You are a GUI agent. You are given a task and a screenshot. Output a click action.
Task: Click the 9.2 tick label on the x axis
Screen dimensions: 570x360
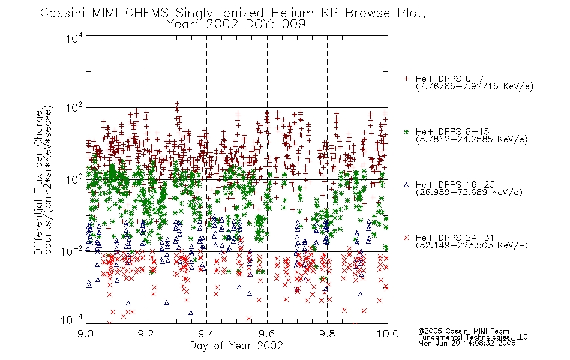coord(146,334)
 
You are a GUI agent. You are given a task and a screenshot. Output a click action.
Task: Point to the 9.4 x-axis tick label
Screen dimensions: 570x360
coord(206,334)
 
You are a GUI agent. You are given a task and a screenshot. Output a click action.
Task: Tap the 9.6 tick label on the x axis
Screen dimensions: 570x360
coord(267,334)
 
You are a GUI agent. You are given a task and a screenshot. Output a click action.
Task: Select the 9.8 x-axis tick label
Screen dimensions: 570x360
coord(327,334)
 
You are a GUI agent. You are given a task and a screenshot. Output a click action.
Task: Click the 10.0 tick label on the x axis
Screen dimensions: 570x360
coord(388,334)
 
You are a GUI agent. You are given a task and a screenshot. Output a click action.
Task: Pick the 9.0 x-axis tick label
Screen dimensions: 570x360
coord(86,334)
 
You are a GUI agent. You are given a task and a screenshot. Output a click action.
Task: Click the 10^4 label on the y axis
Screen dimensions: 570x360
coord(74,38)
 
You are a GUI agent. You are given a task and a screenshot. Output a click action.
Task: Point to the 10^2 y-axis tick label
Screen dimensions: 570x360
coord(74,108)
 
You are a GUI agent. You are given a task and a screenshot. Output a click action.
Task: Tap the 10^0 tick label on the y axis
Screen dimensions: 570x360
coord(74,179)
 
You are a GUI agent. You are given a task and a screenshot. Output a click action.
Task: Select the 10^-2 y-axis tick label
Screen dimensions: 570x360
coord(73,251)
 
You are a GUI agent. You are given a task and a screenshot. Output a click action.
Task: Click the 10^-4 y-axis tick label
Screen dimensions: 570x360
coord(73,320)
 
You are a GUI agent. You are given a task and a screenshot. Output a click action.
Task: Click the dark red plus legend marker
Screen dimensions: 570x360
coord(406,79)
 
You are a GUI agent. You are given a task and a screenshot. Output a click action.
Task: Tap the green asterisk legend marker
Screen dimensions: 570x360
coord(406,131)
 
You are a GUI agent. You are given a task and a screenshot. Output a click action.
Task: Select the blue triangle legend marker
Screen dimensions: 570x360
coord(406,185)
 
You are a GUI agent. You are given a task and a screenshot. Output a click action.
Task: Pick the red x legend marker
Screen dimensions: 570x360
coord(406,238)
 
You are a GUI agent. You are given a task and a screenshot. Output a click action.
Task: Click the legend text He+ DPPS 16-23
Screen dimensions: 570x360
coord(455,185)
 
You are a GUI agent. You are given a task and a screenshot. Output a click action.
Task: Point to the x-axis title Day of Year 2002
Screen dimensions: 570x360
coord(236,346)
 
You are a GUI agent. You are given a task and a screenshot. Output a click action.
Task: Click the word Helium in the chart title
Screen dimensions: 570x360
coord(293,13)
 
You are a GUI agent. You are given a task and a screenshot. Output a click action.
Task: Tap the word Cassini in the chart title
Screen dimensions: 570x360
coord(63,13)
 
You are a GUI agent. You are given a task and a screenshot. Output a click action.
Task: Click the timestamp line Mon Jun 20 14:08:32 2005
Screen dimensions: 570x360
coord(467,343)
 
